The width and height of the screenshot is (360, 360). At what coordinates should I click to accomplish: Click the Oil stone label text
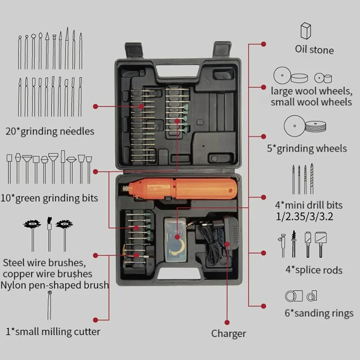(314, 50)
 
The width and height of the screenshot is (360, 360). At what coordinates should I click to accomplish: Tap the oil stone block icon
(306, 31)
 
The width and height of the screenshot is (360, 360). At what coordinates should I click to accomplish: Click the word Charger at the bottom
(229, 334)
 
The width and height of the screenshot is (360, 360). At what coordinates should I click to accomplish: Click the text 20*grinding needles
(50, 132)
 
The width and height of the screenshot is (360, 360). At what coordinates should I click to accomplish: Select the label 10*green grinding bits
(52, 198)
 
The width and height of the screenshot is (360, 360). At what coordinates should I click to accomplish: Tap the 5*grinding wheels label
(307, 148)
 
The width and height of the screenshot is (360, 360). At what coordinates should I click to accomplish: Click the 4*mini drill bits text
(309, 206)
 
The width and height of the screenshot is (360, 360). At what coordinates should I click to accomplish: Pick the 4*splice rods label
(314, 270)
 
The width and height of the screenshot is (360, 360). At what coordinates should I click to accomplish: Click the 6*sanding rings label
(319, 313)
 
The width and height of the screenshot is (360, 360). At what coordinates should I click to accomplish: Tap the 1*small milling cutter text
(53, 331)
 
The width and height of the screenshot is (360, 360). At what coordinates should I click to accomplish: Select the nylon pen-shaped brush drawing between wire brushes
(49, 235)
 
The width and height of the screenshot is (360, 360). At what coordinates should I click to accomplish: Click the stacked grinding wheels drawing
(315, 126)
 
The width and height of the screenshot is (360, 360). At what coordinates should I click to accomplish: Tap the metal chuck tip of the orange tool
(125, 188)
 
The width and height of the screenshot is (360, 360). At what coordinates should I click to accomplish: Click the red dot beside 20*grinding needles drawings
(95, 107)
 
